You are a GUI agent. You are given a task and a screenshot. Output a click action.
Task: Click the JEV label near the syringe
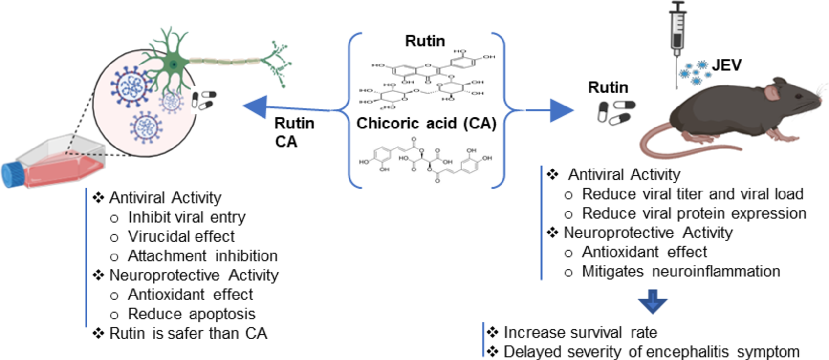tap(726, 65)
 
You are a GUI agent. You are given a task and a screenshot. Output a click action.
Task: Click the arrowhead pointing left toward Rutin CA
tap(255, 106)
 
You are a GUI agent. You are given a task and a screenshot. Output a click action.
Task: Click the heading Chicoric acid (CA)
tap(426, 123)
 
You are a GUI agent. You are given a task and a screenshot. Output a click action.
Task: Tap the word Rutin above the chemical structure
tap(425, 41)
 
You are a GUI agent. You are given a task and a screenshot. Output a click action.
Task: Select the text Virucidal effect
tap(181, 236)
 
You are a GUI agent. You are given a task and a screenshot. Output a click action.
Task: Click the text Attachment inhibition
tap(202, 256)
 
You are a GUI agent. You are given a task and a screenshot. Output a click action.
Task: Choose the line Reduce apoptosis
tap(191, 314)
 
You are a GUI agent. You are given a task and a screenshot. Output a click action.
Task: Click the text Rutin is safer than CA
tap(188, 333)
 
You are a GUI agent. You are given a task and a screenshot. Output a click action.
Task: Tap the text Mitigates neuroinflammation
tap(680, 272)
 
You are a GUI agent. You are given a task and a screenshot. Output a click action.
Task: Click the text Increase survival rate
tap(580, 332)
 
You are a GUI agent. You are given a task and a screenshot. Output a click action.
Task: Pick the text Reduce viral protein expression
tap(694, 213)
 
